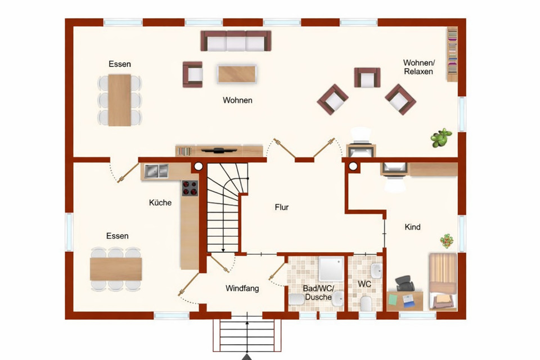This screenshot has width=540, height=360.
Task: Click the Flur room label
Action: pyautogui.click(x=281, y=207)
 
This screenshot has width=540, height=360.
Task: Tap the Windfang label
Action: pyautogui.click(x=242, y=289)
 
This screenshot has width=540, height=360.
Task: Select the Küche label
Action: pyautogui.click(x=160, y=202)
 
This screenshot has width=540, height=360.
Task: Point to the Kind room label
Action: pyautogui.click(x=412, y=227)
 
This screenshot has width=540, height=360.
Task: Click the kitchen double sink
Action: pyautogui.click(x=155, y=171)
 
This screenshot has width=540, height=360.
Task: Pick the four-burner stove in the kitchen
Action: pyautogui.click(x=190, y=188)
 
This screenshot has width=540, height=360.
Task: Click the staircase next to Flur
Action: pyautogui.click(x=225, y=208)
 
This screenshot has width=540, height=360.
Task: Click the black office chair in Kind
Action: pyautogui.click(x=404, y=283)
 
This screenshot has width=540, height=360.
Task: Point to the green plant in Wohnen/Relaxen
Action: pyautogui.click(x=442, y=137)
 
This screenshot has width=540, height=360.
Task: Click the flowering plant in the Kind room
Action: pyautogui.click(x=447, y=240)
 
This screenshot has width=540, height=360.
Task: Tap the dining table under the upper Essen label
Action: pyautogui.click(x=119, y=100)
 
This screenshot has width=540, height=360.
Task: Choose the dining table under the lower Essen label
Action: pyautogui.click(x=116, y=268)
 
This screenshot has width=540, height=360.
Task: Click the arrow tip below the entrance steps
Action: pyautogui.click(x=247, y=357)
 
